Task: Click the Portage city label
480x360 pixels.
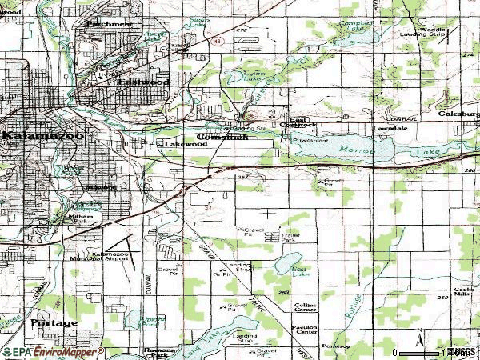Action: click(x=54, y=323)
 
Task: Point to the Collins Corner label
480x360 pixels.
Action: click(x=305, y=307)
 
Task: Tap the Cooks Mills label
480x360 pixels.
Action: click(x=465, y=292)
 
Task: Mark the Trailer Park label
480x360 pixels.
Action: click(x=290, y=237)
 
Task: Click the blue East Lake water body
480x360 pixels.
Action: click(x=289, y=266)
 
